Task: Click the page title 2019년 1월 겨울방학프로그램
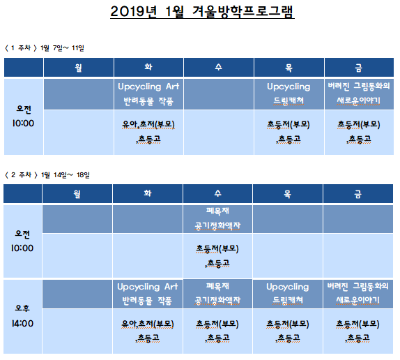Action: (202, 12)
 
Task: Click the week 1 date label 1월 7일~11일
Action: (62, 47)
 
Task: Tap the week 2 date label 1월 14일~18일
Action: (66, 175)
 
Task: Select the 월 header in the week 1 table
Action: (78, 68)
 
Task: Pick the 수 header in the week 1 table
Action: (218, 67)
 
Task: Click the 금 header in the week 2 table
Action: (357, 194)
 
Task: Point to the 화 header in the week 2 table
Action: (148, 193)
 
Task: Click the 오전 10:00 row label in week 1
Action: (23, 117)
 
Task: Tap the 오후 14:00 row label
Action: (22, 316)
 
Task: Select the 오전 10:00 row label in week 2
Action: (22, 241)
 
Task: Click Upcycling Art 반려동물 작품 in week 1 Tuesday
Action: (148, 93)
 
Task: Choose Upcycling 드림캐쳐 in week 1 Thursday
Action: (289, 93)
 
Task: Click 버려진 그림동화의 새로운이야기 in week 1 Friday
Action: (359, 93)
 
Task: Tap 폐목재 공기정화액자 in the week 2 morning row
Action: (217, 218)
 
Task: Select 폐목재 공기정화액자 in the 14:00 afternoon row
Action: (217, 293)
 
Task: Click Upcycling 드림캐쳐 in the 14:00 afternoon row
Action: (288, 293)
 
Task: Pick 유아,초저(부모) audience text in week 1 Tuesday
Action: (148, 125)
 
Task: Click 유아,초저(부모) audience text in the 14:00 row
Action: (148, 324)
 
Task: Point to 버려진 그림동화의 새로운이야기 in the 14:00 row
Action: (357, 293)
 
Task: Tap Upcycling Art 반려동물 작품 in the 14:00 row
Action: (148, 294)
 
